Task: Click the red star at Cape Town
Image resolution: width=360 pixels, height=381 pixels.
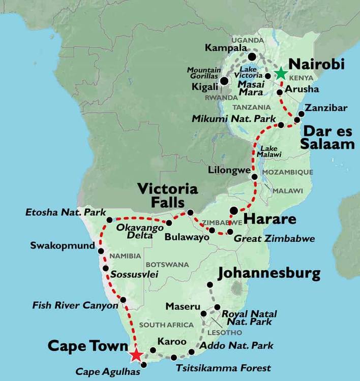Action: tap(136, 355)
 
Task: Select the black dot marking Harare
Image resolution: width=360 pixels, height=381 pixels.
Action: tap(234, 210)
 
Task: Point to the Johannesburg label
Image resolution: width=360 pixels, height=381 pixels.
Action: tap(269, 274)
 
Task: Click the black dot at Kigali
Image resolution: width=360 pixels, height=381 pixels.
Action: tap(224, 81)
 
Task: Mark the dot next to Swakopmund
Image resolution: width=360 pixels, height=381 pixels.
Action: tap(101, 251)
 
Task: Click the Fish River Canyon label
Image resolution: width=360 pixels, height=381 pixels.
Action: tap(75, 306)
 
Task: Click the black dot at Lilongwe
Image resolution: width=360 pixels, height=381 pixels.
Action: tap(255, 176)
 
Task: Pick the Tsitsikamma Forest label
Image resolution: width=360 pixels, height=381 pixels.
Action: tap(223, 368)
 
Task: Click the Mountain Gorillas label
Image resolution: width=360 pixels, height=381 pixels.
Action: tap(203, 73)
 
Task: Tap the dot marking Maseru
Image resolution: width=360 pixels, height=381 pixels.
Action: tap(204, 313)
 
